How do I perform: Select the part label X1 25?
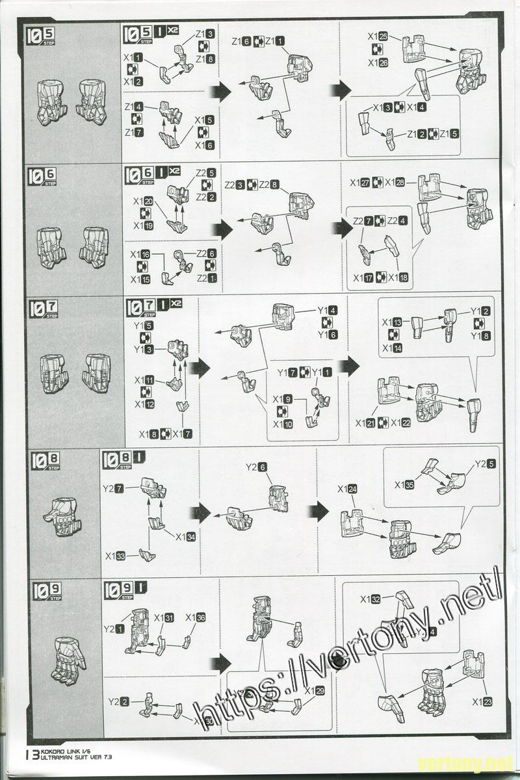click(x=378, y=36)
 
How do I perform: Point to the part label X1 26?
click(x=378, y=63)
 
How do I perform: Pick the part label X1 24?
click(x=348, y=489)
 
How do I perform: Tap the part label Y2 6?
click(x=256, y=467)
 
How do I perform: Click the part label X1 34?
click(x=185, y=537)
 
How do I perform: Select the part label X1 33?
click(x=115, y=556)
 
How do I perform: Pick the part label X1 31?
click(x=164, y=617)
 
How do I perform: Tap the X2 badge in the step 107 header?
click(x=174, y=303)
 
